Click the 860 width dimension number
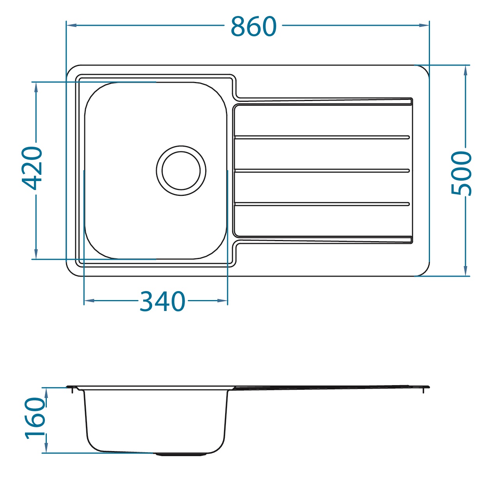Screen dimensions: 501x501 (254, 26)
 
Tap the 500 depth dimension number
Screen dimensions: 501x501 (461, 173)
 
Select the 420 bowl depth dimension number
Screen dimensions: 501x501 (32, 169)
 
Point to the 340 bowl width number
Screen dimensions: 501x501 (162, 301)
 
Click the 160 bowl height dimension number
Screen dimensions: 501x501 (35, 418)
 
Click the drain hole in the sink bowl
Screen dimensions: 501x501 (181, 171)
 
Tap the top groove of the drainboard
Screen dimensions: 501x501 (322, 137)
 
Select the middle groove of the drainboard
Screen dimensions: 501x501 (322, 171)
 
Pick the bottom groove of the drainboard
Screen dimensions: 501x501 (322, 204)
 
